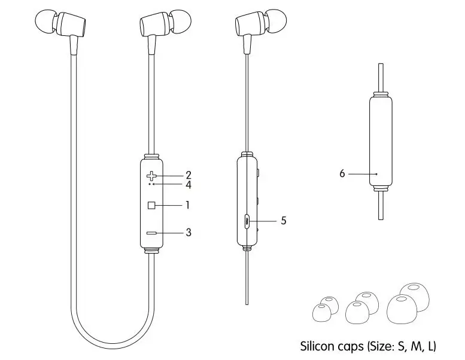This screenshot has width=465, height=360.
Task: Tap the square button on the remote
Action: [x=151, y=205]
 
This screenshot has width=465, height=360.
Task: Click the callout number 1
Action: [x=188, y=205]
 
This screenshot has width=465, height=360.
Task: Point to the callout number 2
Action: [x=188, y=175]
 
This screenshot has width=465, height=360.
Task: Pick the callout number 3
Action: [x=188, y=232]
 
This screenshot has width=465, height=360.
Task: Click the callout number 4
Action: [x=188, y=185]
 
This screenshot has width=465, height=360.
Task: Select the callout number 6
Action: [x=342, y=173]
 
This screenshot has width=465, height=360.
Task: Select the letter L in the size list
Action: [x=430, y=346]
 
